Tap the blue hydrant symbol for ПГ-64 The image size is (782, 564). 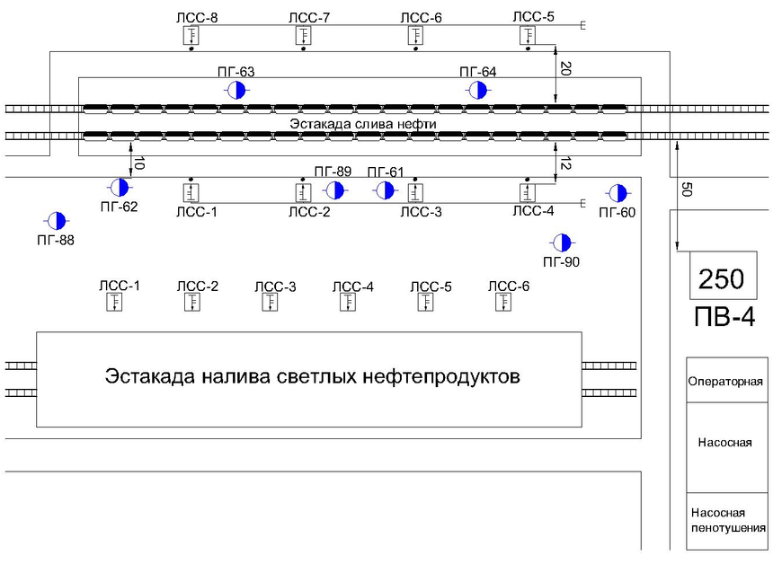[477, 90]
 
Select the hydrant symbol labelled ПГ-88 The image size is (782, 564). [56, 220]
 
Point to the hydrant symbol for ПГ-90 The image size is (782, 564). [562, 242]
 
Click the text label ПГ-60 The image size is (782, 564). [618, 213]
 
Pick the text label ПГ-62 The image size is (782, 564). [120, 207]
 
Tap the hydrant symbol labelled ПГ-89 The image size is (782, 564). [334, 189]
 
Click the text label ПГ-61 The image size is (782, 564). [386, 172]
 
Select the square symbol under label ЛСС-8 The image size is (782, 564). [191, 36]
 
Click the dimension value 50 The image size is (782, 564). [686, 189]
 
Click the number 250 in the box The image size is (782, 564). [723, 278]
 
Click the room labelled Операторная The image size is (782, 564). [725, 381]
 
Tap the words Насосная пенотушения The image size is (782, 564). [726, 520]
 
